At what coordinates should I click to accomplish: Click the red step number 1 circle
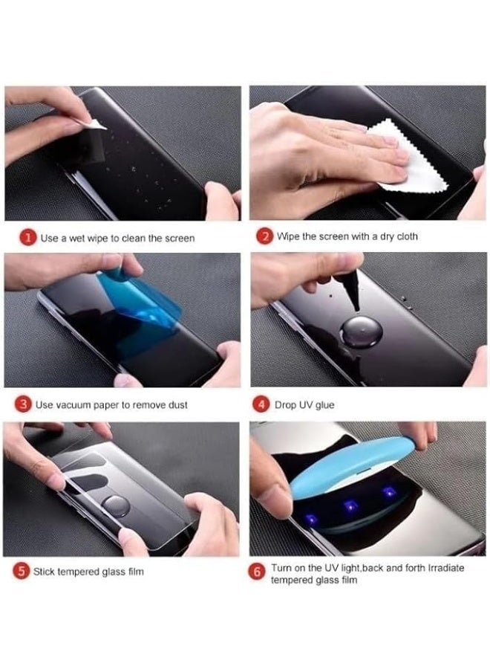(x=27, y=238)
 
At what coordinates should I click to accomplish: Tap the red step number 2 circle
(x=264, y=237)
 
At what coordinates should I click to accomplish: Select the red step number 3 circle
(x=24, y=405)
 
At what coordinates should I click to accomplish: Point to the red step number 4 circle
(x=262, y=405)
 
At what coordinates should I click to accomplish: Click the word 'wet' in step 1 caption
(x=78, y=239)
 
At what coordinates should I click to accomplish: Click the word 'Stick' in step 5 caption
(x=46, y=572)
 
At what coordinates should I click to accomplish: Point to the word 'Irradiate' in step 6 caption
(x=443, y=567)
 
